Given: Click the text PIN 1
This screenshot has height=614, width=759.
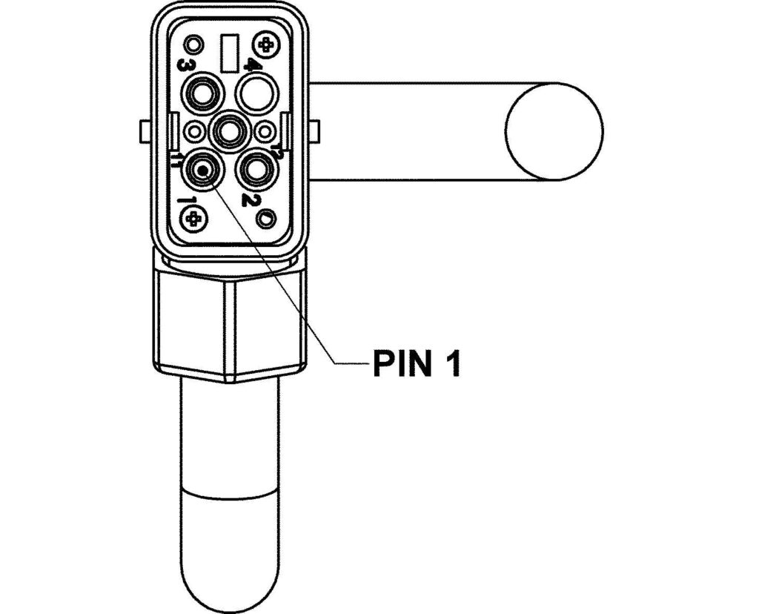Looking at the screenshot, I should tap(415, 363).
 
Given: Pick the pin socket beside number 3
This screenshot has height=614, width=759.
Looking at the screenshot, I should tap(202, 93).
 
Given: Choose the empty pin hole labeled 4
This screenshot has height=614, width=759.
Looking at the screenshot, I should tap(257, 93).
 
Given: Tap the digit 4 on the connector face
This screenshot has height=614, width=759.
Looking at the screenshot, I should tap(252, 67).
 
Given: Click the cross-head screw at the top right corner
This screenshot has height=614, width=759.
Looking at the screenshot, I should tap(265, 44).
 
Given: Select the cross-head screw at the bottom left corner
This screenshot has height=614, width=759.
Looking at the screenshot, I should tap(195, 218).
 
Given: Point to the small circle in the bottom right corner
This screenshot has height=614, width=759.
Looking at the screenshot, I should tap(265, 218).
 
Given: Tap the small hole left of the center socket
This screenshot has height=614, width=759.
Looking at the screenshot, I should tap(196, 132).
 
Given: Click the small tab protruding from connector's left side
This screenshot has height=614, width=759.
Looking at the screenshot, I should tap(145, 132).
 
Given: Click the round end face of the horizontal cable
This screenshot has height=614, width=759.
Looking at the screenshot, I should tap(554, 131).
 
